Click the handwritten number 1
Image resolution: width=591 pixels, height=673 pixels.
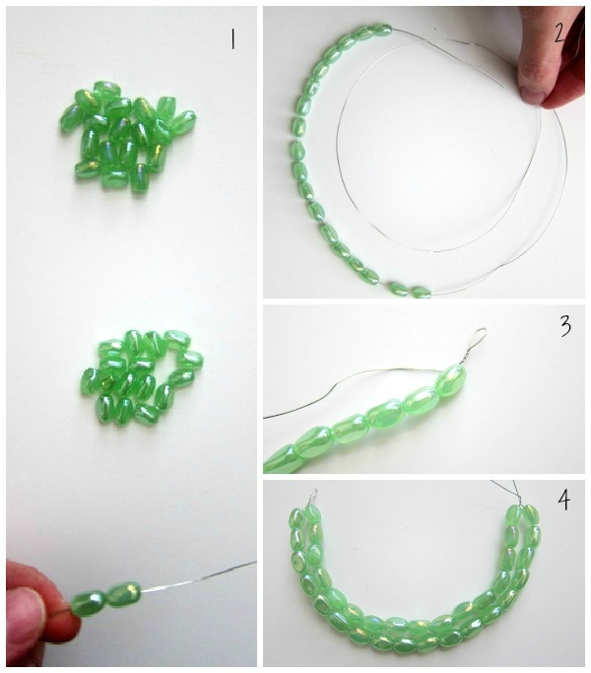pos(232,39)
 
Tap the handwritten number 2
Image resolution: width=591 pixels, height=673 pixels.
pos(559,34)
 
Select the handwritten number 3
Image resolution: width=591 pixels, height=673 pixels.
pos(565,326)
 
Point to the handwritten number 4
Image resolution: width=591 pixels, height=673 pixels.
pos(564,500)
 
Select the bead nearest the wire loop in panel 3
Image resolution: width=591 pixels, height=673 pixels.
pos(450,380)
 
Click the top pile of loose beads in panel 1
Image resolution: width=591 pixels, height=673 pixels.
pos(128,136)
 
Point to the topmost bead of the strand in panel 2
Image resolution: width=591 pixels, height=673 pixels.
pos(380,30)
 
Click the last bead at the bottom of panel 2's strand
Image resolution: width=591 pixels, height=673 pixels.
pos(421,292)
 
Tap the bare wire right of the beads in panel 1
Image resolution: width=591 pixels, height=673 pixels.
pos(198,576)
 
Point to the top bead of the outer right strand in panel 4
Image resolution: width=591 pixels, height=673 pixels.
pos(531,514)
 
